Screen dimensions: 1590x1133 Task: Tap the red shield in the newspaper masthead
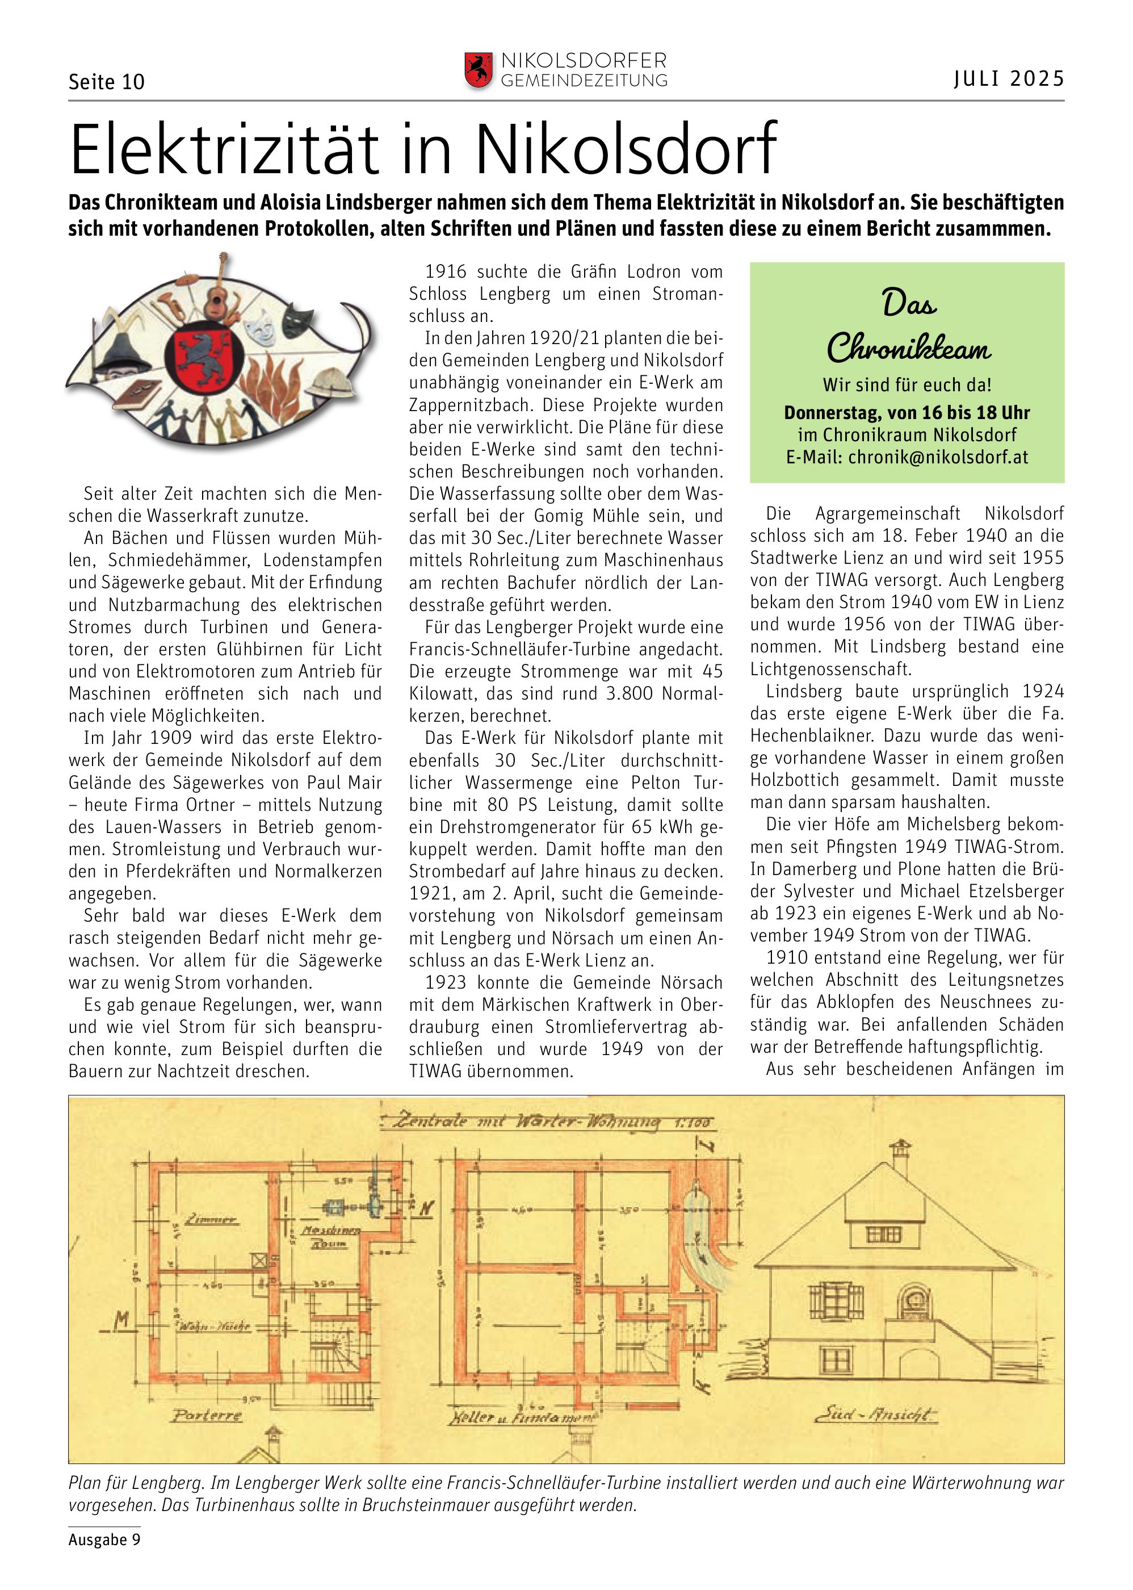(x=479, y=70)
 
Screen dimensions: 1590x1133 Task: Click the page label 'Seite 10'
(x=106, y=82)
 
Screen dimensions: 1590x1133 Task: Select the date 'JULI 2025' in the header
(x=1009, y=79)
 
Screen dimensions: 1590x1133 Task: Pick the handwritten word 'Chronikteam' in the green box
(x=908, y=347)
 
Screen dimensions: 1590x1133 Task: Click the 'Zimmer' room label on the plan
(x=216, y=1221)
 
